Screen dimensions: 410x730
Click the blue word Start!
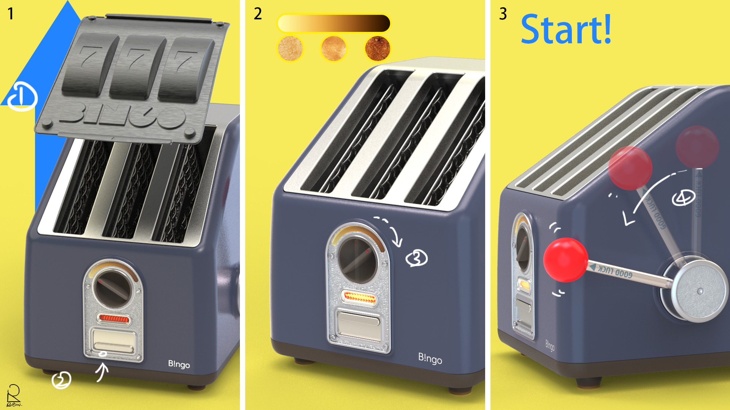(x=566, y=30)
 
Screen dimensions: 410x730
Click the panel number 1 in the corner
(x=11, y=14)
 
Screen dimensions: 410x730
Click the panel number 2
(x=258, y=14)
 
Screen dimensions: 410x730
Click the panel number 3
(x=503, y=14)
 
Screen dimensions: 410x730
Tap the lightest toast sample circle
(x=290, y=49)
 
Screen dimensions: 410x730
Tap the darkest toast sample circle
(x=378, y=49)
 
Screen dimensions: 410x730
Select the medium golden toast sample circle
(x=334, y=49)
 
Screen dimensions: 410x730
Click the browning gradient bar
(x=334, y=24)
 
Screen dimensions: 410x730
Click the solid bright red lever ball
(x=565, y=260)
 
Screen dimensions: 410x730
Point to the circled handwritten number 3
(x=417, y=259)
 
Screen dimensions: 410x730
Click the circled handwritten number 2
(x=61, y=380)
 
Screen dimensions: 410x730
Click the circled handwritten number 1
(x=22, y=97)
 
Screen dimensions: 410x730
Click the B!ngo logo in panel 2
(x=430, y=358)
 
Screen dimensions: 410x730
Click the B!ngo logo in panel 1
(x=179, y=364)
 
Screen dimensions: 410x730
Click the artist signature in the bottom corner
(x=14, y=396)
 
